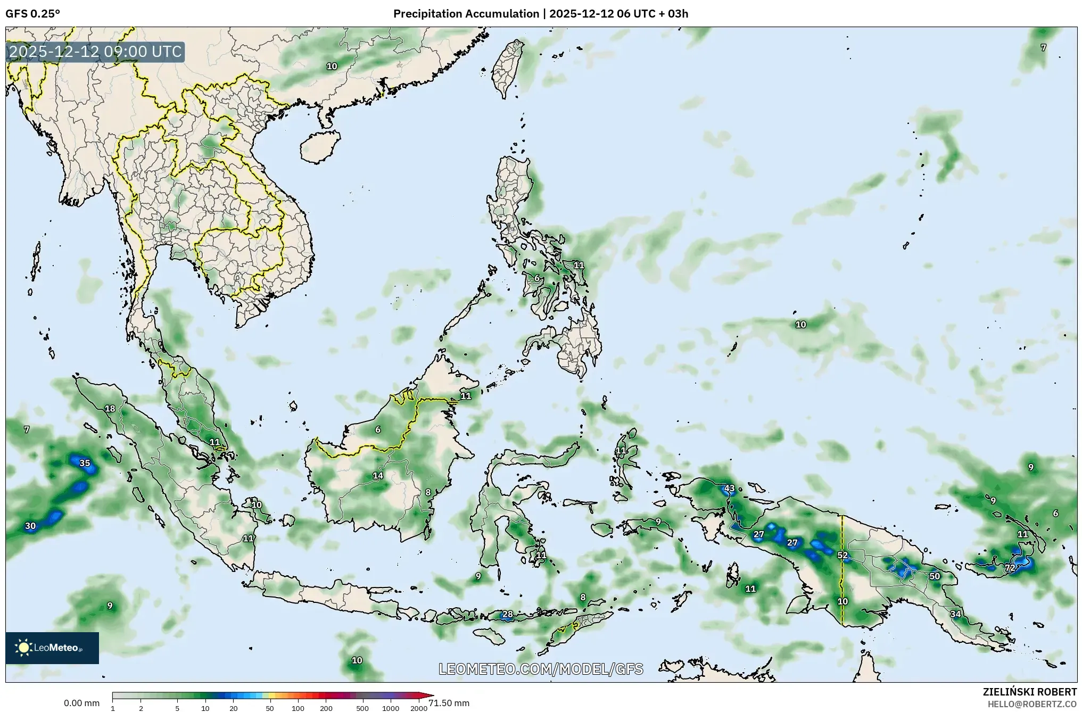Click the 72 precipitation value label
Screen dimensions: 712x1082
pos(1010,568)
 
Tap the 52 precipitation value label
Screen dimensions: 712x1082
pos(842,556)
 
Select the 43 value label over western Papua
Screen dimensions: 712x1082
pos(729,488)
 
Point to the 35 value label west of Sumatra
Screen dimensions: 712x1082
pos(85,463)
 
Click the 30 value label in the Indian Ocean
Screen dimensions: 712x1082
pos(30,526)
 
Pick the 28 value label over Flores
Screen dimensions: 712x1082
pos(507,614)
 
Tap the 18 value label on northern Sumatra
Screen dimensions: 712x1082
pos(110,409)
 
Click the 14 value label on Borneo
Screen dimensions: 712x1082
pos(378,476)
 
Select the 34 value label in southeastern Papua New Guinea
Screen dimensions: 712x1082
pos(956,614)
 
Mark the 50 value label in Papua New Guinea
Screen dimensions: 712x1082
pos(935,576)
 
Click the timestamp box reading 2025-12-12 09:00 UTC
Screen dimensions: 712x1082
pos(95,52)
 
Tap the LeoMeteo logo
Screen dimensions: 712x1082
pos(52,648)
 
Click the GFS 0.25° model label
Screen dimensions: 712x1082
pos(32,14)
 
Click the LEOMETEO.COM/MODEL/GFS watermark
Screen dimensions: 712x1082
pos(541,669)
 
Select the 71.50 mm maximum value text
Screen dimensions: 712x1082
pos(449,703)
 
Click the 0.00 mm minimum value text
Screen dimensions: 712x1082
pos(81,703)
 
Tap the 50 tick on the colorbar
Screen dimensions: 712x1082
pos(270,708)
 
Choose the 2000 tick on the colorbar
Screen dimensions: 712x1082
pos(419,708)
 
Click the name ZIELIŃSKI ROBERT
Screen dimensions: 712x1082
pos(1029,692)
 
